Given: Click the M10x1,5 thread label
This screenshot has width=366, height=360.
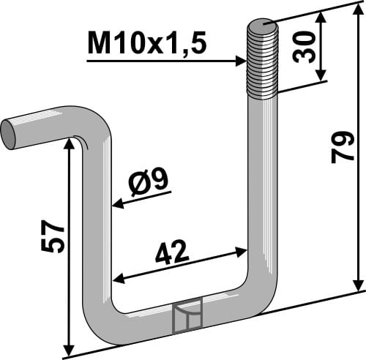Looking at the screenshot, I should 146,45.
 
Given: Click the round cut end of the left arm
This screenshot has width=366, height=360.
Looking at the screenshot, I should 8,134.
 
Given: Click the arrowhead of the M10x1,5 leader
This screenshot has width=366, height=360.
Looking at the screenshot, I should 242,61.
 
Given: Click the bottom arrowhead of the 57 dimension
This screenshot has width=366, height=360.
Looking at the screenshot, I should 70,347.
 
